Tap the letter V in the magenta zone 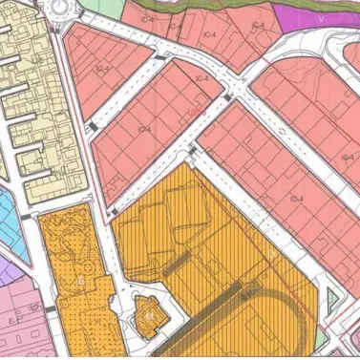321,17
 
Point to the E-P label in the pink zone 14,322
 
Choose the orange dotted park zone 72,277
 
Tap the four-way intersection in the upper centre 235,93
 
